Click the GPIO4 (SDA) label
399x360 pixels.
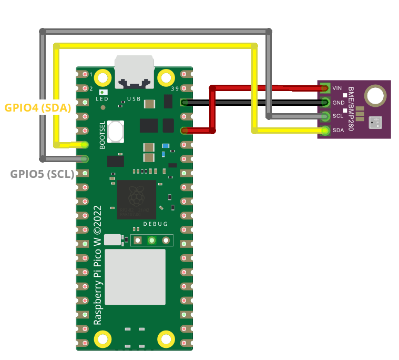[x=37, y=107]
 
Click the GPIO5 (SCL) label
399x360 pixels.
[x=42, y=174]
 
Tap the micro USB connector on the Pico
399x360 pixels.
[x=135, y=71]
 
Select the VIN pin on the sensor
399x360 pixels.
[x=325, y=88]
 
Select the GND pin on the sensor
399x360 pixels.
[x=325, y=102]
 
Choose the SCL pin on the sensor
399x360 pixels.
[x=325, y=116]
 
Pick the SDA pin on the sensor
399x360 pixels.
[x=325, y=130]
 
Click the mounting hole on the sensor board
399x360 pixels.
[x=375, y=96]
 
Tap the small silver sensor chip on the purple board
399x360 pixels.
[x=376, y=123]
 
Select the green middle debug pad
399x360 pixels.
[x=151, y=241]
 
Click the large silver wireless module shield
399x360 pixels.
[x=135, y=277]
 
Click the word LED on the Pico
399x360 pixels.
[x=102, y=99]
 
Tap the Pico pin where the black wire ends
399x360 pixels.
[x=185, y=102]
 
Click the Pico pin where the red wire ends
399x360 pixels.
[x=185, y=131]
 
